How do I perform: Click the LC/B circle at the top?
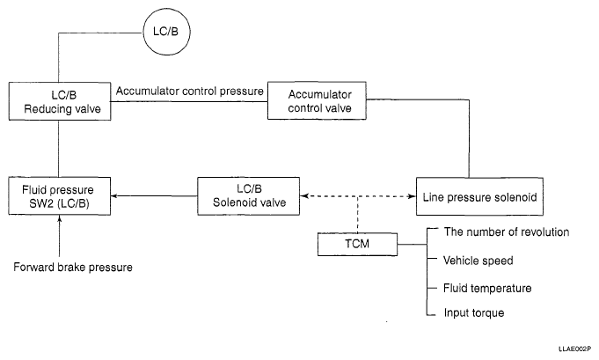(x=166, y=34)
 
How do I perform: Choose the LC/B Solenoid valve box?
(x=249, y=195)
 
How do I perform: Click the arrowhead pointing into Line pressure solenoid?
(x=411, y=195)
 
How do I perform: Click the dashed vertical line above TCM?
(x=359, y=216)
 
